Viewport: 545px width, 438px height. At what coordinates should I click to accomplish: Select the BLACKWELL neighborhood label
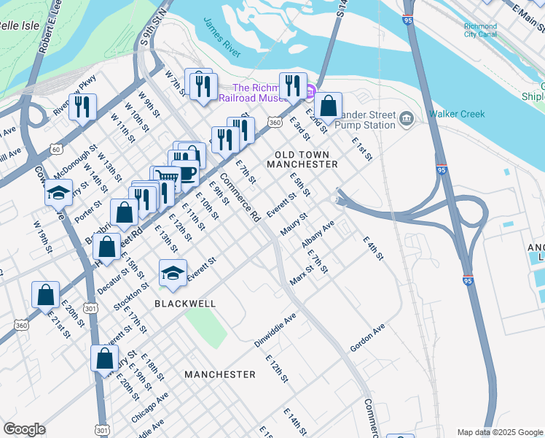click(x=184, y=302)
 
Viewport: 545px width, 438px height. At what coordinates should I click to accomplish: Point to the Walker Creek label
click(x=457, y=114)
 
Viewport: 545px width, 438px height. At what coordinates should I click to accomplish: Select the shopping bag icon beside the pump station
click(x=329, y=106)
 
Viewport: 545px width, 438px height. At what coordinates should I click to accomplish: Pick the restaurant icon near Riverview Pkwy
click(x=82, y=106)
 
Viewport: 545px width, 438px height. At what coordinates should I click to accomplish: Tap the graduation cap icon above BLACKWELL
click(x=173, y=272)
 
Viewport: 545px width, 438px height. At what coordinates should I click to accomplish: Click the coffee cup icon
click(x=187, y=174)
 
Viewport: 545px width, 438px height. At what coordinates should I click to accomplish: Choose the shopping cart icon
click(x=167, y=178)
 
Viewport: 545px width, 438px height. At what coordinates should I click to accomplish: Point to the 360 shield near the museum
click(x=274, y=123)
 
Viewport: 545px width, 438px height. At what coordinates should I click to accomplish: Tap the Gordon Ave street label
click(x=367, y=337)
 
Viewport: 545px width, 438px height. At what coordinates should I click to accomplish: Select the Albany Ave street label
click(x=318, y=234)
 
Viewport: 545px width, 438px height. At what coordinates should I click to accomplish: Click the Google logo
click(x=24, y=429)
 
